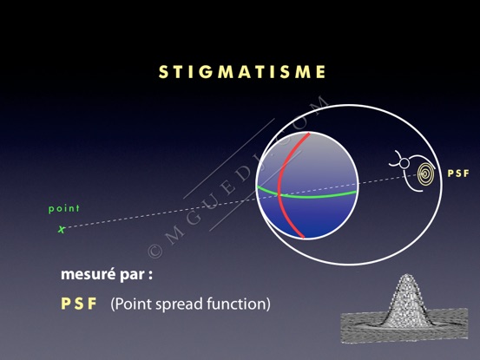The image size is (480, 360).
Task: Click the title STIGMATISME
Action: coord(242,72)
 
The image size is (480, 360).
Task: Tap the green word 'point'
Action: coord(64,208)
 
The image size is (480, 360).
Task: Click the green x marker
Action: coord(62,229)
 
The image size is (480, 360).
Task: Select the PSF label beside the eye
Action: coord(458,173)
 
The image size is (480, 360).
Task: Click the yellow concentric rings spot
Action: coord(426,174)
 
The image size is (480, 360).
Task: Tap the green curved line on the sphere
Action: coord(306,195)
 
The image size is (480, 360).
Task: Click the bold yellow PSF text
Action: coord(79,304)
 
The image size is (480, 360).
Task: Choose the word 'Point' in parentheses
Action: coord(133,304)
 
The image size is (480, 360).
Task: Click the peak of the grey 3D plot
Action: coord(406,275)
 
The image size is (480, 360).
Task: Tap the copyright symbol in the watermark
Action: coord(155,251)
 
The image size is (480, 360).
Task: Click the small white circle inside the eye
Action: coord(404,163)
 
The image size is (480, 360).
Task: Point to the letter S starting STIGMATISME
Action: coord(163,72)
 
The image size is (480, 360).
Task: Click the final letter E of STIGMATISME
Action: coord(321,72)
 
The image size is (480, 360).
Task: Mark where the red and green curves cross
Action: coord(279,194)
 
